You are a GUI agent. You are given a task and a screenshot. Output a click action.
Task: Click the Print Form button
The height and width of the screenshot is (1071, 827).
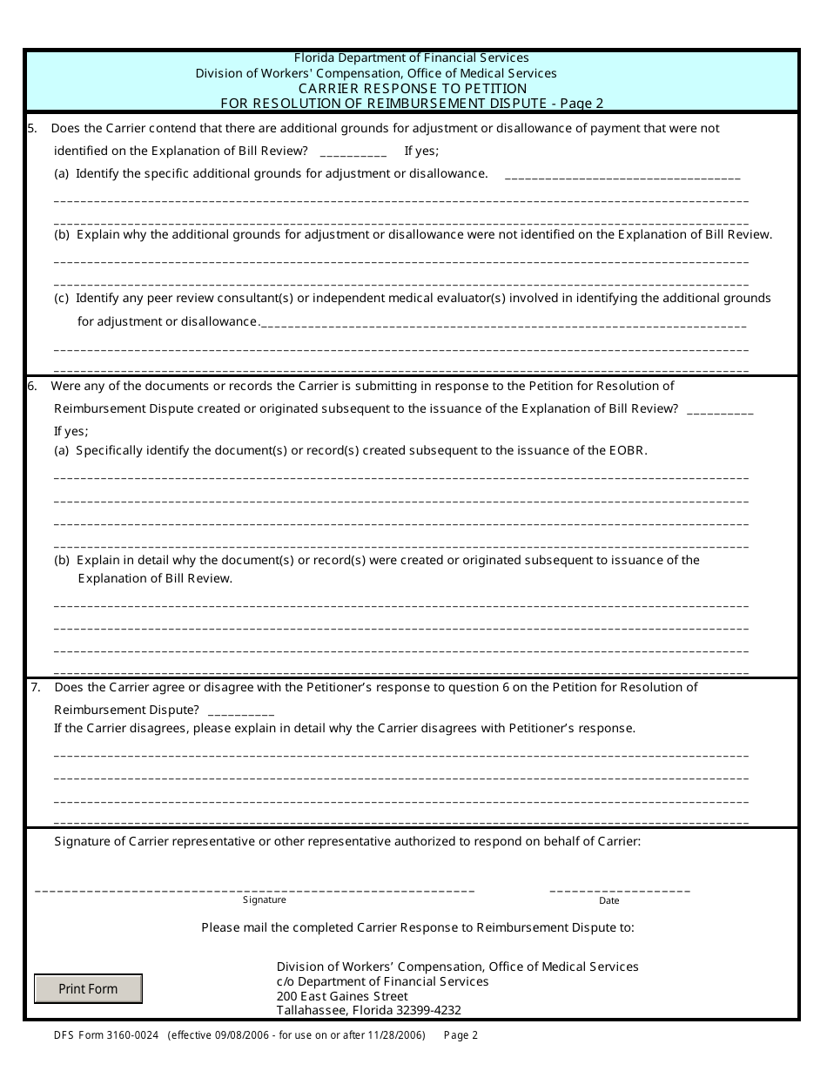tap(88, 989)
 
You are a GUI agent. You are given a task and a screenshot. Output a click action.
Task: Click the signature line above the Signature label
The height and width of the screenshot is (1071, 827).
tap(254, 890)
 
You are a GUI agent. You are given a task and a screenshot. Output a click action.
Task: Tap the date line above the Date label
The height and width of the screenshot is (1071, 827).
tap(620, 890)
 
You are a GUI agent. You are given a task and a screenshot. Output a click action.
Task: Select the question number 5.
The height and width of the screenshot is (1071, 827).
tap(32, 129)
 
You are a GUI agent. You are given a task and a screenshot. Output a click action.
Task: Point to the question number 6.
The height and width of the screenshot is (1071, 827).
tap(32, 387)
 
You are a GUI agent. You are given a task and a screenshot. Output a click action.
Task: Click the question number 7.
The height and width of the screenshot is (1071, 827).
tap(36, 688)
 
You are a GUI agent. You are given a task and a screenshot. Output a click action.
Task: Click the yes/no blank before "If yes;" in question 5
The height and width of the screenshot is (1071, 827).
tap(353, 152)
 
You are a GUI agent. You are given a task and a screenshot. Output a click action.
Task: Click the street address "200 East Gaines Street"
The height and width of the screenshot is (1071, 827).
tap(342, 996)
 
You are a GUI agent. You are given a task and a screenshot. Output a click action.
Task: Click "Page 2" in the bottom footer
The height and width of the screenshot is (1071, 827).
tap(461, 1036)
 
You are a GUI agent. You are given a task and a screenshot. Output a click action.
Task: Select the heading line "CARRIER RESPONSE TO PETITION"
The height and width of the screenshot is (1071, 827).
tap(413, 89)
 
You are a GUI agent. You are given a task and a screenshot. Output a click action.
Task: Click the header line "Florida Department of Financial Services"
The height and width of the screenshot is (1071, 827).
tap(412, 58)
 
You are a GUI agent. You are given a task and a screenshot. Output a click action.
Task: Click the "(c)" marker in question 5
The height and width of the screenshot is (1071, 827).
tap(62, 299)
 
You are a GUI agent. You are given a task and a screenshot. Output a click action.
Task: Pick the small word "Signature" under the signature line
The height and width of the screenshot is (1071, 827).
tap(264, 900)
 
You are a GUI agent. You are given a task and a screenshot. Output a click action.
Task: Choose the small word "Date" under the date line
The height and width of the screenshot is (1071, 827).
tap(608, 901)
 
